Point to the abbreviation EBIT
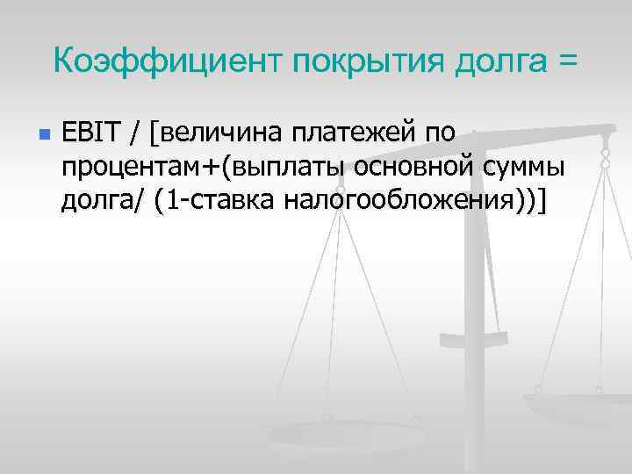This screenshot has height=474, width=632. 92,134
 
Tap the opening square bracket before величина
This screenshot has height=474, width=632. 154,134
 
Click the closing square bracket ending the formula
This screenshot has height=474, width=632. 542,201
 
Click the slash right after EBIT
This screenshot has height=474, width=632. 135,134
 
